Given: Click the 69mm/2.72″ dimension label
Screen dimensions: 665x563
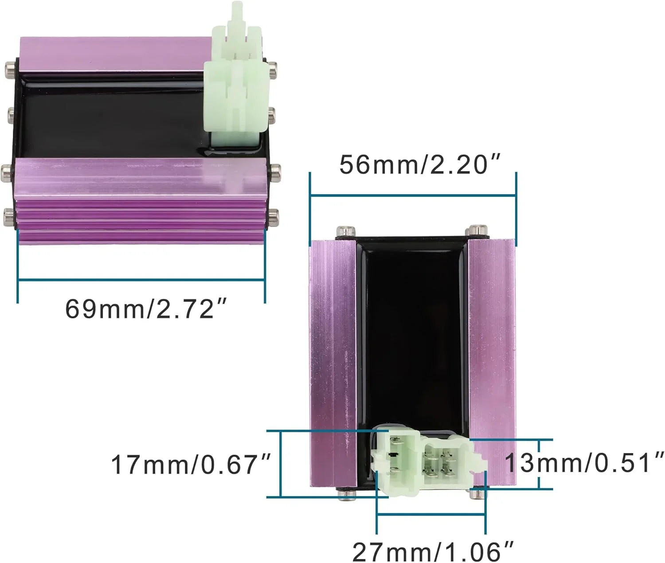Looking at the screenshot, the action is [146, 309].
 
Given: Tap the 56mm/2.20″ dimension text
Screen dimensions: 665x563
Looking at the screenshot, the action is [420, 165].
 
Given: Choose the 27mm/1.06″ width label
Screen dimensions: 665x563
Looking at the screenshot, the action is [433, 551].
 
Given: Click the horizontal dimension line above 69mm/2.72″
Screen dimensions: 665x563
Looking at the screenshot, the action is [141, 280].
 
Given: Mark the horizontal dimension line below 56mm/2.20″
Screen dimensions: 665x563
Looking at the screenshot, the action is [413, 195].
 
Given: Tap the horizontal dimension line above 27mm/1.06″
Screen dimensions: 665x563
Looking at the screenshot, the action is [431, 514].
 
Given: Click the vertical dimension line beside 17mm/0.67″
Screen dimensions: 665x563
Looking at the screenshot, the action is [281, 464].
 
